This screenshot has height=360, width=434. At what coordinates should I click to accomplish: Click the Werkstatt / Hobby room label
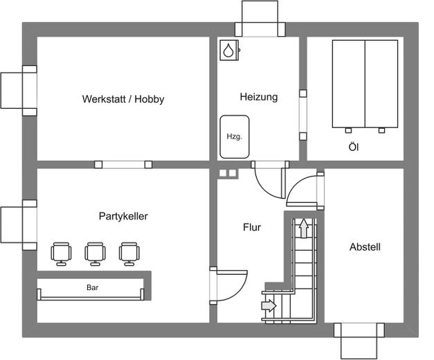(123, 99)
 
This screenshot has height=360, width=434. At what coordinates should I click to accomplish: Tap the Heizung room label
(259, 97)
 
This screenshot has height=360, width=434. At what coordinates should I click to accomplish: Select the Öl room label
(354, 147)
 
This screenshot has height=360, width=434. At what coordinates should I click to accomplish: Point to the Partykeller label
(123, 216)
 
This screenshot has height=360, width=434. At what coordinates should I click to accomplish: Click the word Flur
(252, 227)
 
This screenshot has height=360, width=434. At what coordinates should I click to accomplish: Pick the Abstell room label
(365, 246)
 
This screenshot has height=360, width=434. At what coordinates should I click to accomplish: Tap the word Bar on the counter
(93, 287)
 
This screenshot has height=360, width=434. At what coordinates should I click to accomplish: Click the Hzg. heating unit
(235, 137)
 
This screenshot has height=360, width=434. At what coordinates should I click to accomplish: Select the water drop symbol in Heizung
(228, 50)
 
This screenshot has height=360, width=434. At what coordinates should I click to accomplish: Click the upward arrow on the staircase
(304, 228)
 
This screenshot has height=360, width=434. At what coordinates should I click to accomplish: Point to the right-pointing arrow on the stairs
(269, 306)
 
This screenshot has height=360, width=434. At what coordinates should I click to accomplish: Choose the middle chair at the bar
(95, 254)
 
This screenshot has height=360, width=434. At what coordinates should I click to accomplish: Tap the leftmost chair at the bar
(61, 254)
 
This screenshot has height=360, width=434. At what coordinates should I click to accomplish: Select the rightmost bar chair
(129, 254)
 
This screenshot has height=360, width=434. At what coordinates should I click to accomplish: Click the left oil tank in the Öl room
(348, 84)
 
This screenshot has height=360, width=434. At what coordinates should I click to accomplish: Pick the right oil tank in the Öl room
(381, 84)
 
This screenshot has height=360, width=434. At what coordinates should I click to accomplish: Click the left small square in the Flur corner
(223, 173)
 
